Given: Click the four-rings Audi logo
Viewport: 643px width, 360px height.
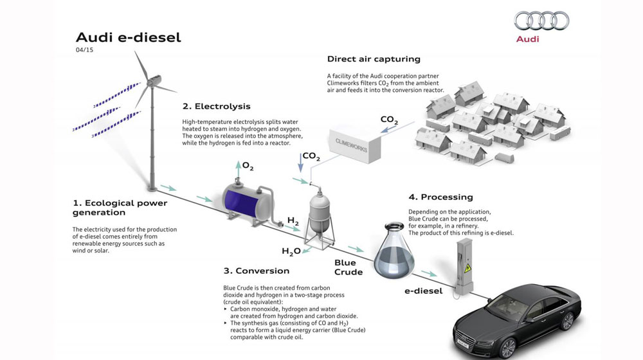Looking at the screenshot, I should click(541, 21).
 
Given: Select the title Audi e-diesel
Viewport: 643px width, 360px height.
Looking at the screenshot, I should click(128, 37).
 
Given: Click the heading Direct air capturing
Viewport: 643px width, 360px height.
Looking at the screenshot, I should click(374, 59).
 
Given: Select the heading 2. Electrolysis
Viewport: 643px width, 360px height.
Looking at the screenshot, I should click(216, 106).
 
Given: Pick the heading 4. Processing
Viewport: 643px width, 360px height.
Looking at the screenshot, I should click(440, 197).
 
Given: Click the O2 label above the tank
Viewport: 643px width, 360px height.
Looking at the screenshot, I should click(248, 167).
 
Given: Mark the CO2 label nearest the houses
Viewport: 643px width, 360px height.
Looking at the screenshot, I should click(389, 120).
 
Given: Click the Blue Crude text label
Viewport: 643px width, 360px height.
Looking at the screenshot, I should click(349, 267).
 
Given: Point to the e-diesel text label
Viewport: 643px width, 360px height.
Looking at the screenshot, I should click(423, 291).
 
